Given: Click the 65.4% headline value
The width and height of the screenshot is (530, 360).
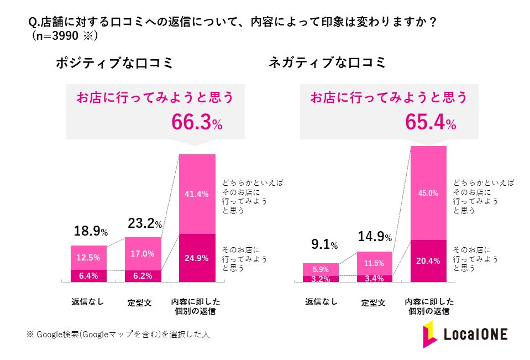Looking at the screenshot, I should tap(431, 122).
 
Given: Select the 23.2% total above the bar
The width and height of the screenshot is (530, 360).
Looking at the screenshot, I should tap(144, 224).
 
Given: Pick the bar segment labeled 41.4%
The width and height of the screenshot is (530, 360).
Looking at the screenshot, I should tap(197, 194).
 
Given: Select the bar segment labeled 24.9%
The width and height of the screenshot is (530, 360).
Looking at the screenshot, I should tap(197, 258).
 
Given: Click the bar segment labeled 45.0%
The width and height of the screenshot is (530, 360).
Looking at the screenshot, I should tap(428, 193).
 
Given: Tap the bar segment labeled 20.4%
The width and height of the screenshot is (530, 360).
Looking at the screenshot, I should tap(428, 261).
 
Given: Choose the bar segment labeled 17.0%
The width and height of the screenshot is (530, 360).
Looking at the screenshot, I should tap(143, 254).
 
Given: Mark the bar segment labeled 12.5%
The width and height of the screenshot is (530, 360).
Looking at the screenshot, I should tap(88, 258).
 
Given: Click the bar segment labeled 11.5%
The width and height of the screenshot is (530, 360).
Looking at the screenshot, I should tap(374, 263).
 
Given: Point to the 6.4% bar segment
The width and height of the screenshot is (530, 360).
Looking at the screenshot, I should tap(88, 276).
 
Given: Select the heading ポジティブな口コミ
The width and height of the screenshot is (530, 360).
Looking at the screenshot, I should tap(114, 63).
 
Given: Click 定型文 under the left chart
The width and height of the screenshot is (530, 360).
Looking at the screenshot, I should tap(143, 303).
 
